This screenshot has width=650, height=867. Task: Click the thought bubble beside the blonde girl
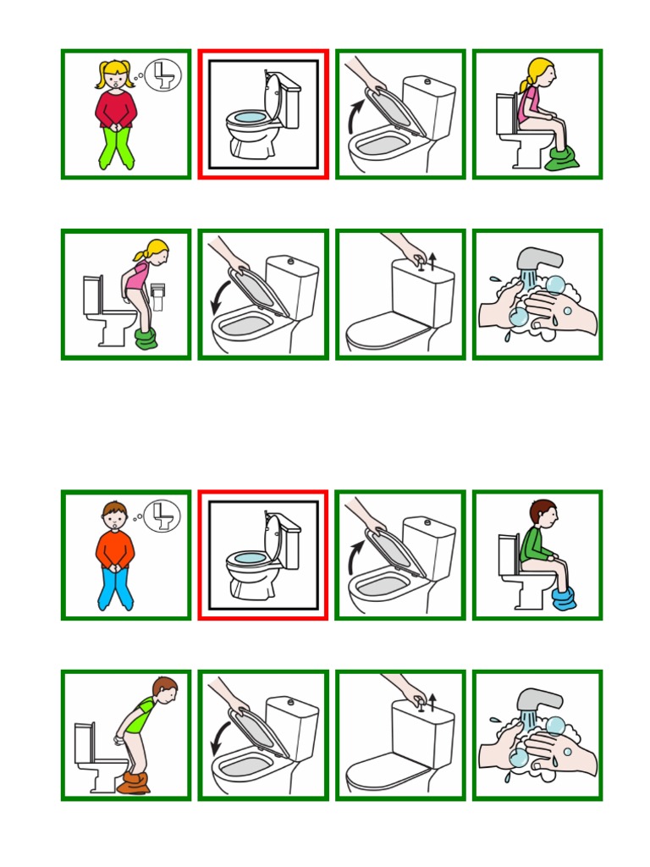(164, 75)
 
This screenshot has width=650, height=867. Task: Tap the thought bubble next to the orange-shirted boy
(164, 514)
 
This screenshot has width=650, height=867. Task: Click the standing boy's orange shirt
(115, 548)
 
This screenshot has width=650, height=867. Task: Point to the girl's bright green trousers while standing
(115, 149)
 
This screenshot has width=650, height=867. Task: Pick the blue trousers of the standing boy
(115, 588)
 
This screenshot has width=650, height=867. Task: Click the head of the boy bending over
(165, 689)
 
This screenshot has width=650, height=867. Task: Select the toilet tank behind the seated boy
(509, 550)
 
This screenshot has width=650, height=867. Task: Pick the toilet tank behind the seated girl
(509, 111)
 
